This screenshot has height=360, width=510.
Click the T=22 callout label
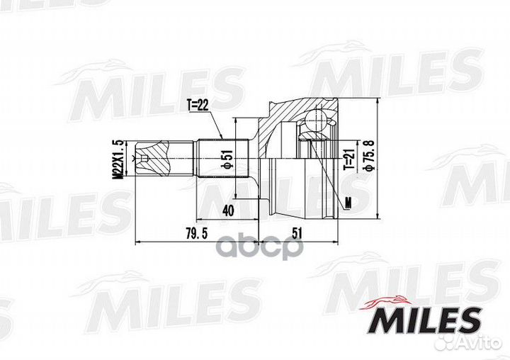pyautogui.click(x=198, y=105)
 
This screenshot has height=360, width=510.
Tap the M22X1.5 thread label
pyautogui.click(x=118, y=159)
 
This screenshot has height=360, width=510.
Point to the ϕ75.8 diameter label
pyautogui.click(x=370, y=154)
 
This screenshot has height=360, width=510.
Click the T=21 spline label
pyautogui.click(x=348, y=159)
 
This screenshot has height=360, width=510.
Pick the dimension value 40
pyautogui.click(x=227, y=210)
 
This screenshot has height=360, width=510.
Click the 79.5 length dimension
pyautogui.click(x=196, y=233)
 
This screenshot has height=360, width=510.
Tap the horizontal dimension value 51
pyautogui.click(x=297, y=233)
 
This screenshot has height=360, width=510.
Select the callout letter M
pyautogui.click(x=348, y=203)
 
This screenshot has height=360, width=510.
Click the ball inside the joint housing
pyautogui.click(x=316, y=120)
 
